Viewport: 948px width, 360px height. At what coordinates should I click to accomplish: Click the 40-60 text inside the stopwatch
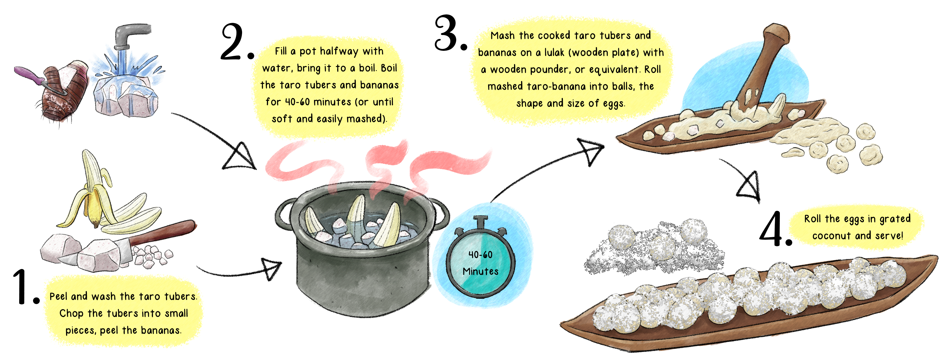pos(480,255)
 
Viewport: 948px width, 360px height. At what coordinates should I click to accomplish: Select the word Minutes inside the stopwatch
pos(480,272)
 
